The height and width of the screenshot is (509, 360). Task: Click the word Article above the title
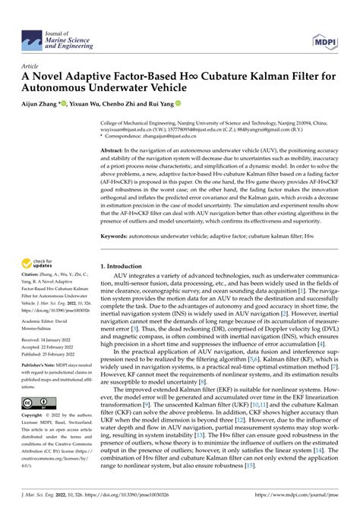(x=32, y=66)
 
